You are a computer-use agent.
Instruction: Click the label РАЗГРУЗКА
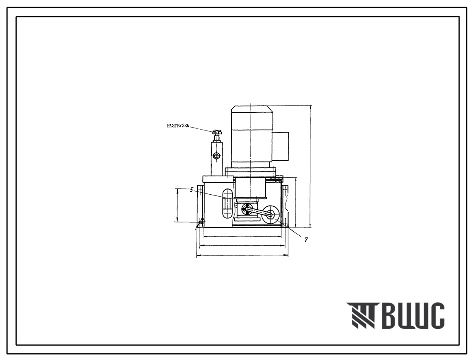coord(178,126)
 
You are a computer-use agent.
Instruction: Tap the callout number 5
coord(191,190)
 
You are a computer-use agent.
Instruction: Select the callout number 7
coord(306,239)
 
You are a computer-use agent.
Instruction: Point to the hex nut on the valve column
coord(216,156)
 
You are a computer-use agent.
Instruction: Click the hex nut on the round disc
coord(271,215)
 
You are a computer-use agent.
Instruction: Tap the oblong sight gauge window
coord(227,203)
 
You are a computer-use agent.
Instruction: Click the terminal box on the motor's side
coord(281,146)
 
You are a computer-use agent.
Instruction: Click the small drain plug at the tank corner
coord(201,222)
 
